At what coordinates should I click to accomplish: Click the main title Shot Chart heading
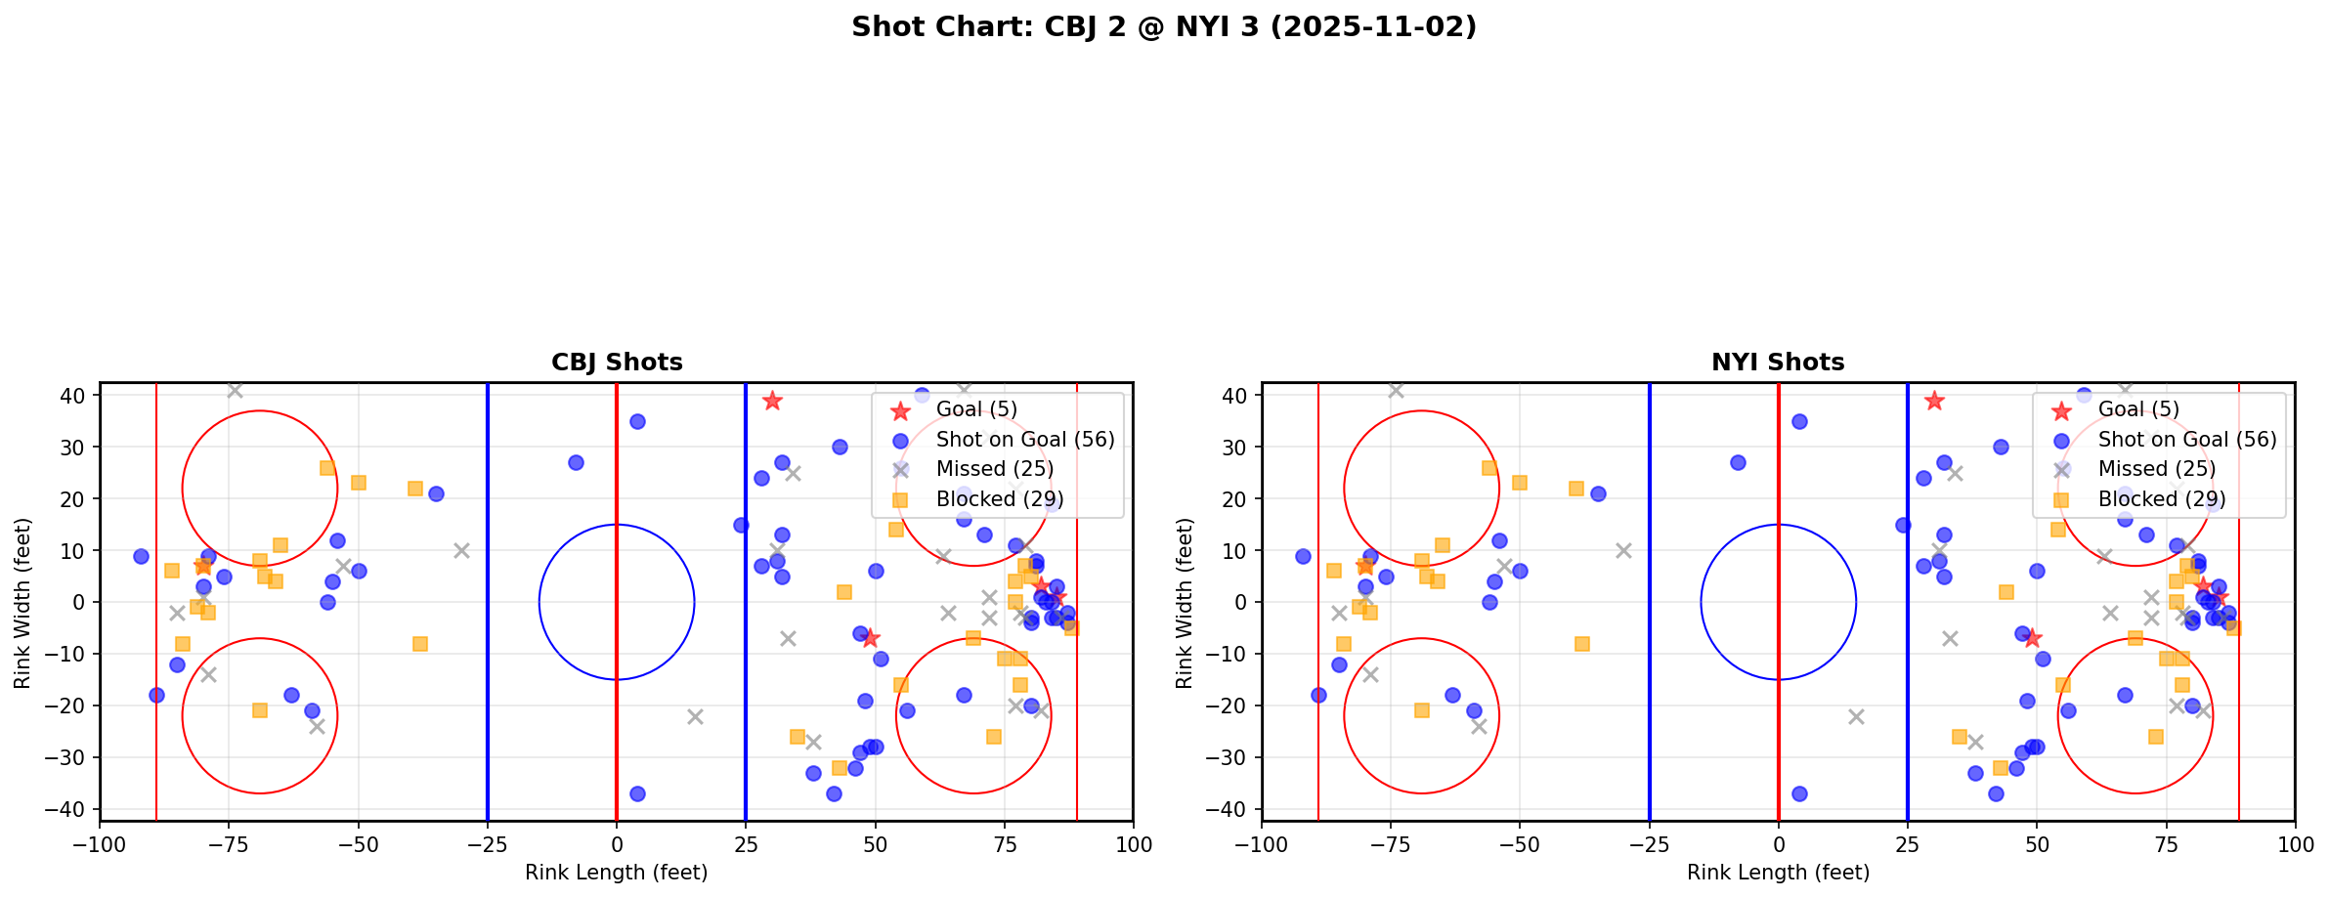coord(1163,27)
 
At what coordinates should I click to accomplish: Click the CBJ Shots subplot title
coord(617,363)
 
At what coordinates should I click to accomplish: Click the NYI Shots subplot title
coord(1778,363)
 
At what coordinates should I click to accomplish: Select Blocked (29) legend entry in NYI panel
coord(2161,499)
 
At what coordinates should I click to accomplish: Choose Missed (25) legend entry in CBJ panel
coord(994,469)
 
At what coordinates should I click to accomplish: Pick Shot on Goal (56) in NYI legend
coord(2186,440)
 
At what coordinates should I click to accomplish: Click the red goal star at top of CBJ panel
coord(772,401)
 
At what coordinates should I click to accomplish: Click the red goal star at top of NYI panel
coord(1933,401)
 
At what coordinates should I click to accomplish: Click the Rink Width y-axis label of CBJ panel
coord(22,603)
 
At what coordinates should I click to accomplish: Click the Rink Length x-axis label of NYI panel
coord(1778,873)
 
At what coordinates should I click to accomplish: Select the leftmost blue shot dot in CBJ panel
coord(141,556)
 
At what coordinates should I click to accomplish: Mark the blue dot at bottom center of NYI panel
coord(1799,793)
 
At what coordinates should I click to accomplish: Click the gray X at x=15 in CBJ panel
coord(695,716)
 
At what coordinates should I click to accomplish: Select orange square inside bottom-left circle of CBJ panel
coord(260,710)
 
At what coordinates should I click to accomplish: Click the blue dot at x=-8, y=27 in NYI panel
coord(1737,462)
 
